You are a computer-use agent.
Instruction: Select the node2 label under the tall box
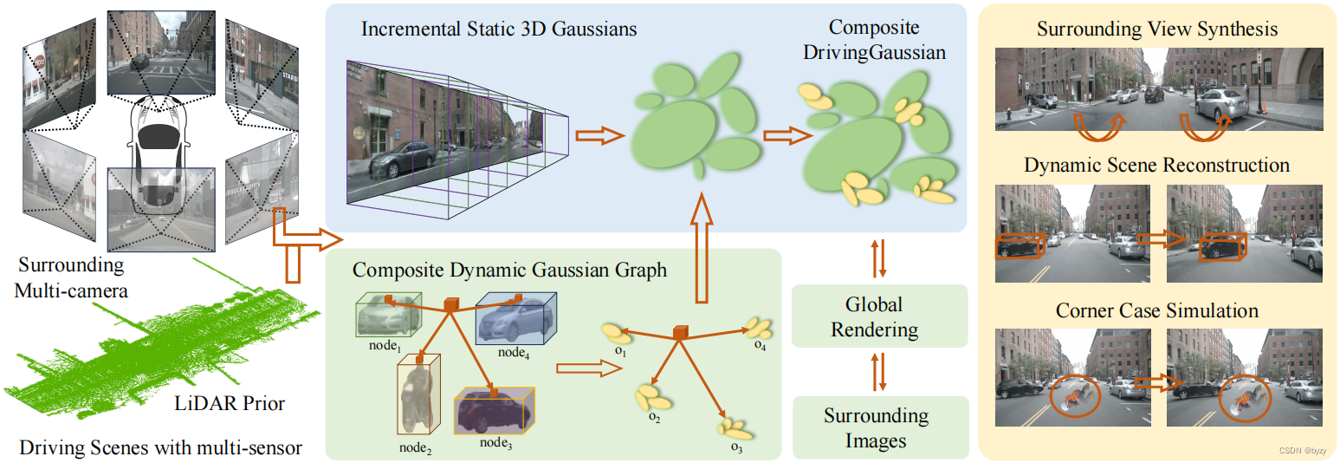(x=415, y=447)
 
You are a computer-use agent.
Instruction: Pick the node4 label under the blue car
(x=514, y=353)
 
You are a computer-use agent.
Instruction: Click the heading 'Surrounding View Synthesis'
(x=1156, y=29)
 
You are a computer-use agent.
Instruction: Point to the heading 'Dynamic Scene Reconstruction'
(x=1156, y=165)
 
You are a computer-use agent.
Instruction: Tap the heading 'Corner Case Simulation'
(x=1156, y=310)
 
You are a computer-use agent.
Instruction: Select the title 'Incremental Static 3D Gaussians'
(x=499, y=29)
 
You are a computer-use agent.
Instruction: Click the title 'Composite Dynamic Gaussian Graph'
(x=509, y=270)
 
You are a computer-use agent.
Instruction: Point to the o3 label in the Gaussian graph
(x=735, y=447)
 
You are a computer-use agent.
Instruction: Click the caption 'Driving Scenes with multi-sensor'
(x=160, y=447)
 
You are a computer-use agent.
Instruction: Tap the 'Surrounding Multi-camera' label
(x=71, y=277)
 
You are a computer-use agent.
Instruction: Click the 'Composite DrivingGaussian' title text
(x=873, y=40)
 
